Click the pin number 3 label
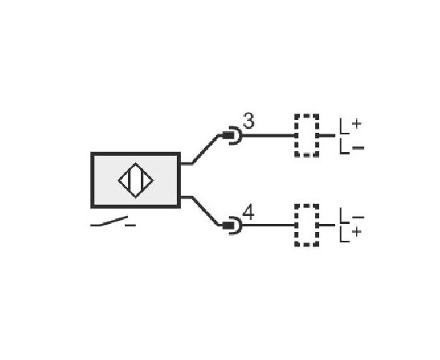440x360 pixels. pos(249,121)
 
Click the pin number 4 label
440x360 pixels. pos(248,213)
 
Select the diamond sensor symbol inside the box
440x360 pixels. pos(135,181)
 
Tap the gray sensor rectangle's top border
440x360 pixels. pos(135,154)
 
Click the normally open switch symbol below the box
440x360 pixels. pos(113,222)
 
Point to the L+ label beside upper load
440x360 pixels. pos(350,126)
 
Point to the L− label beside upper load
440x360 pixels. pos(352,146)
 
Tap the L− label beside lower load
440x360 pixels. pos(352,216)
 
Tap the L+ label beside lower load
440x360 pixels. pos(350,234)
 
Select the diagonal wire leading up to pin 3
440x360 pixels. pos(206,150)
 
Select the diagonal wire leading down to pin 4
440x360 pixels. pos(206,211)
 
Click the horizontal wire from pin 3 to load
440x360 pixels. pos(269,135)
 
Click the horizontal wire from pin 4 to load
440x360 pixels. pos(269,226)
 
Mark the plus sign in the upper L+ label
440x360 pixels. pos(356,123)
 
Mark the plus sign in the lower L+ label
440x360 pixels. pos(356,232)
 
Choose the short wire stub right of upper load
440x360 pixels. pos(327,135)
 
